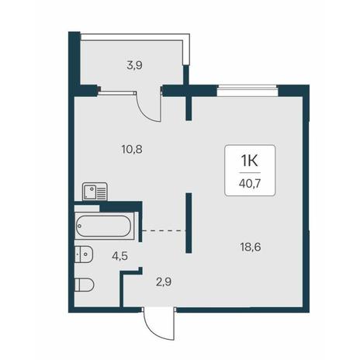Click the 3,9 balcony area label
[x=134, y=65]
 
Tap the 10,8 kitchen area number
[x=132, y=149]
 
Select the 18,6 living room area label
[x=251, y=247]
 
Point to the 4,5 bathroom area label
[x=119, y=256]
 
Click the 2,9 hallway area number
[x=164, y=282]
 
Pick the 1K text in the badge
[x=250, y=161]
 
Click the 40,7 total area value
[x=250, y=183]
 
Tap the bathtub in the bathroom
[x=104, y=226]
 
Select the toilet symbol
[x=85, y=285]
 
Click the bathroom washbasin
[x=84, y=254]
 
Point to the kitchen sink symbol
[x=95, y=192]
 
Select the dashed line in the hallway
[x=164, y=230]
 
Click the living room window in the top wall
[x=247, y=91]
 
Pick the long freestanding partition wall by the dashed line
[x=189, y=223]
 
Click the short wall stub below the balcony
[x=189, y=108]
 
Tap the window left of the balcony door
[x=117, y=92]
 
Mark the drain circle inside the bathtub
[x=80, y=226]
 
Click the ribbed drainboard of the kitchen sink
[x=101, y=192]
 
